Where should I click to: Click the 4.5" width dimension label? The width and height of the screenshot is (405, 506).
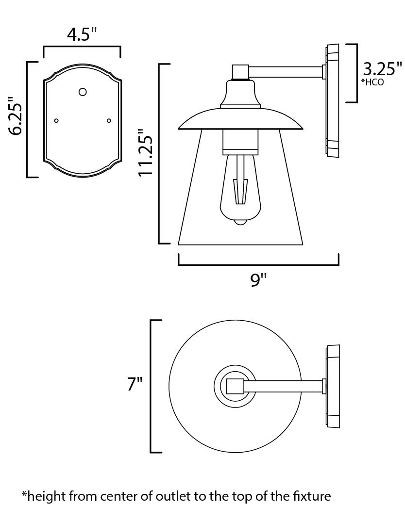click(82, 35)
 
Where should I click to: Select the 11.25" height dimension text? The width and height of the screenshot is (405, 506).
click(147, 153)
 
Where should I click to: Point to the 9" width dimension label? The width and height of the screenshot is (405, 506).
click(259, 280)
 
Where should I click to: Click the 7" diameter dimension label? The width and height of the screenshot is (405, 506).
click(135, 384)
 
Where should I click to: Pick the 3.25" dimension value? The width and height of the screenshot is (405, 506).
click(383, 68)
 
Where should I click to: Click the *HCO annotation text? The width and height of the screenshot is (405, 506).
click(372, 82)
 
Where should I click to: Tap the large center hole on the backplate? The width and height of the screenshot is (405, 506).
click(83, 92)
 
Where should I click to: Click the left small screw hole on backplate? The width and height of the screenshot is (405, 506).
click(56, 120)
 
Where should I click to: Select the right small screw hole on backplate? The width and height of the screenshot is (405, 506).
click(109, 120)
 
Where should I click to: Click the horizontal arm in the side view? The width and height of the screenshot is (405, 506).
click(286, 72)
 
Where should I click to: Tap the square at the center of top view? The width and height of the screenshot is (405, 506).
click(235, 387)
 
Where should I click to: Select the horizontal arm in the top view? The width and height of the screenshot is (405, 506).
click(283, 387)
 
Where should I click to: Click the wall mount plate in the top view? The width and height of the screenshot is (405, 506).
click(333, 387)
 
